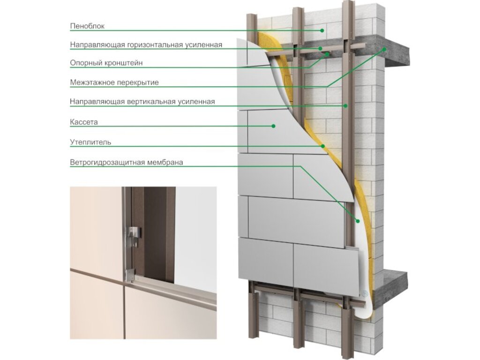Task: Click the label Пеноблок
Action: point(87,26)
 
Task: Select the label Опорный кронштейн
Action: point(106,63)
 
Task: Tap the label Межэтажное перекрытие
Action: point(114,82)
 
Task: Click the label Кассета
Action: point(84,122)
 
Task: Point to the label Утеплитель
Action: point(90,142)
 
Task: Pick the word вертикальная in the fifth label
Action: point(151,102)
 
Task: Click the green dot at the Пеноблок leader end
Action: point(322,30)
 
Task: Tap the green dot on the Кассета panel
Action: point(273,126)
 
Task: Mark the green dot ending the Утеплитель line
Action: point(322,146)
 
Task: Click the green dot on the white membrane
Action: point(357,221)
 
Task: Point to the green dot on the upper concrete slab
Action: point(384,49)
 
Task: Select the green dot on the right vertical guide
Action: point(345,105)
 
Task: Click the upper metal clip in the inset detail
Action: point(135,232)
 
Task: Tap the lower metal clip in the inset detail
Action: point(131,275)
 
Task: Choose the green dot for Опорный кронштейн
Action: point(327,54)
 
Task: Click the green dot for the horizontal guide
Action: point(320,48)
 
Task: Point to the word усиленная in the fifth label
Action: point(196,102)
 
